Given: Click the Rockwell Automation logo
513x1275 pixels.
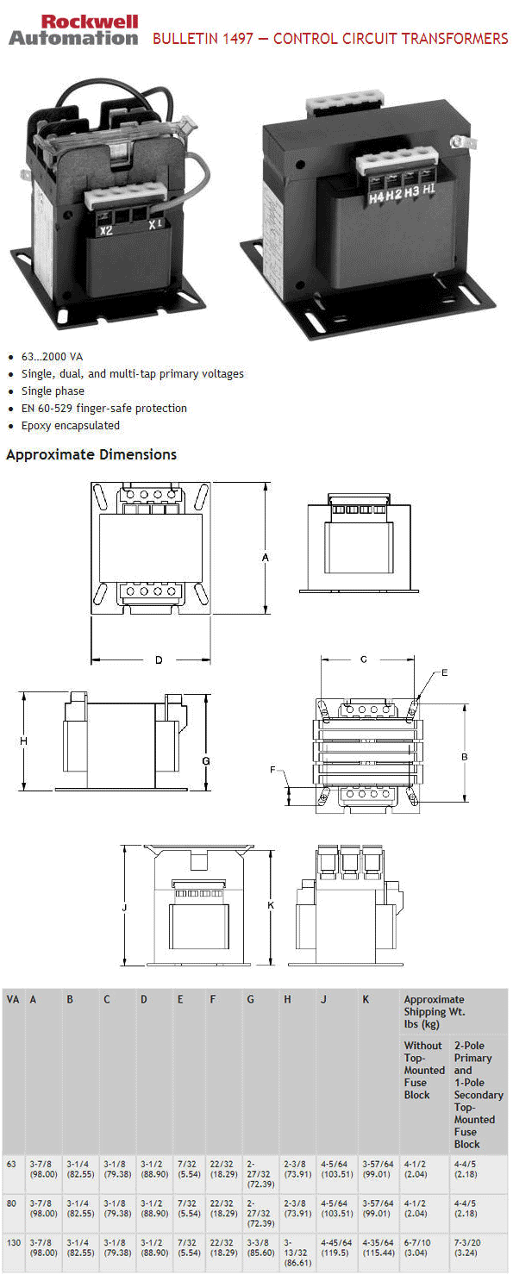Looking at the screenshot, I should click(x=73, y=29).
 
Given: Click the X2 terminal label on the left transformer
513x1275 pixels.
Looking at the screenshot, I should click(x=106, y=230).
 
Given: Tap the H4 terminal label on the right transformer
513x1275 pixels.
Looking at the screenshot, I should click(x=376, y=197).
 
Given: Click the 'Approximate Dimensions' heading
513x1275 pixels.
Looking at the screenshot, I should click(x=91, y=454).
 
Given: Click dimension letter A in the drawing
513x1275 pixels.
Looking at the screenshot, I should click(x=266, y=558).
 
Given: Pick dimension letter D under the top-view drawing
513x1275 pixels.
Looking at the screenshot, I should click(x=159, y=660).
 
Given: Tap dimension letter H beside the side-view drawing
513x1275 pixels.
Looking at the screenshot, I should click(x=24, y=741).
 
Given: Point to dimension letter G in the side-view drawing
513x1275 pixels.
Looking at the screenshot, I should click(x=205, y=761).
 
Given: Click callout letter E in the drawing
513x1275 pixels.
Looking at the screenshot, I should click(x=445, y=672).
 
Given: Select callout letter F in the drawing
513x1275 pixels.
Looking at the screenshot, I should click(x=272, y=770).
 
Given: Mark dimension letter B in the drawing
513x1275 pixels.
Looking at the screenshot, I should click(x=464, y=756).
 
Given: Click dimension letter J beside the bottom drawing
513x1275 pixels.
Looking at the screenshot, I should click(x=125, y=907).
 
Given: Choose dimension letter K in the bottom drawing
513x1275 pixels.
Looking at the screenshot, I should click(x=270, y=905).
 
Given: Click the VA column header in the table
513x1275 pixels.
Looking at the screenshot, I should click(x=13, y=1000).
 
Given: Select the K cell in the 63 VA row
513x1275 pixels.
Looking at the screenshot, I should click(x=378, y=1169).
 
